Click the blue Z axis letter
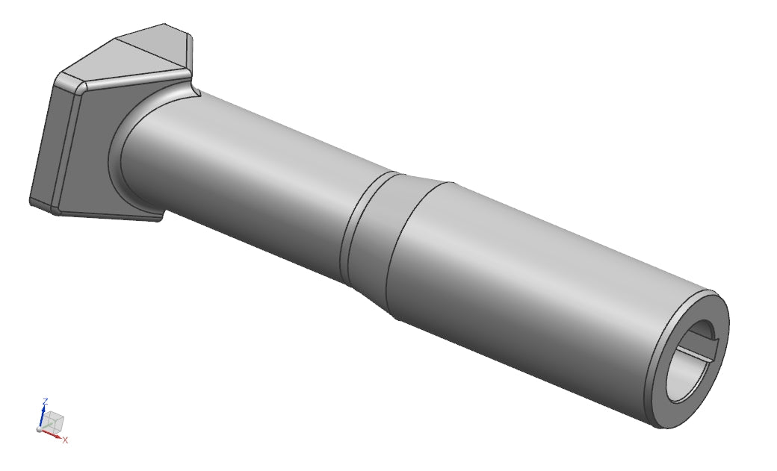(45, 402)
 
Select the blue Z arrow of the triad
(43, 415)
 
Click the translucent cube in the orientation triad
(55, 421)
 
